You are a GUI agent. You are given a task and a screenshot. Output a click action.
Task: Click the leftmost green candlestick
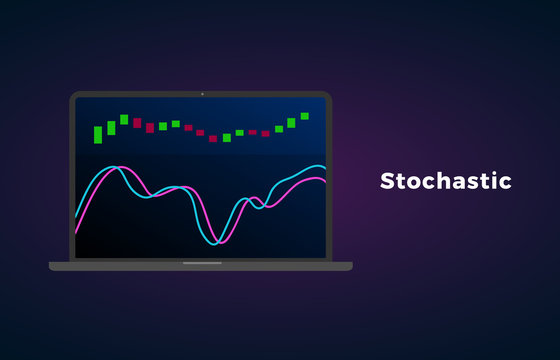98,134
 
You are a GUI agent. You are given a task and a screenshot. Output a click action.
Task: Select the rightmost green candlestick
305,116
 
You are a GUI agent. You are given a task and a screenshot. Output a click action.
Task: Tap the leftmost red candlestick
137,123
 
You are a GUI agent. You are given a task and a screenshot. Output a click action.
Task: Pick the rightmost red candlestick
266,132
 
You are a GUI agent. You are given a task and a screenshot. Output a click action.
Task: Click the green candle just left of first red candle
124,119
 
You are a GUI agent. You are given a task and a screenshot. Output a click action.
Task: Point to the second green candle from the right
292,123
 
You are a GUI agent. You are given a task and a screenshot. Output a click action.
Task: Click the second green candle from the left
111,128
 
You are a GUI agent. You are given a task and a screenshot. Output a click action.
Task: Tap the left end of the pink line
76,232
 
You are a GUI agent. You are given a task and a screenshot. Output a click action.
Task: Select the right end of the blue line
325,168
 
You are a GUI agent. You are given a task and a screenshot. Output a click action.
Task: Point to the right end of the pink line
325,181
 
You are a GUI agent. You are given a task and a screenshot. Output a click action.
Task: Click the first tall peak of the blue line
116,167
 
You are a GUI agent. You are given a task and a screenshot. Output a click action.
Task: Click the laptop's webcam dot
201,94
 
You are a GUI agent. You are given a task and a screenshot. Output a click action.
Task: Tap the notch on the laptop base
202,264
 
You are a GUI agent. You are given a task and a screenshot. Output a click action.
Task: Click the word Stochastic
445,181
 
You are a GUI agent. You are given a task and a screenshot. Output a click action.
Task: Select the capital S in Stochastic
388,181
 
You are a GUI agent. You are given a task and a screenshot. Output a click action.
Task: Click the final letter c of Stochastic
505,183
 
